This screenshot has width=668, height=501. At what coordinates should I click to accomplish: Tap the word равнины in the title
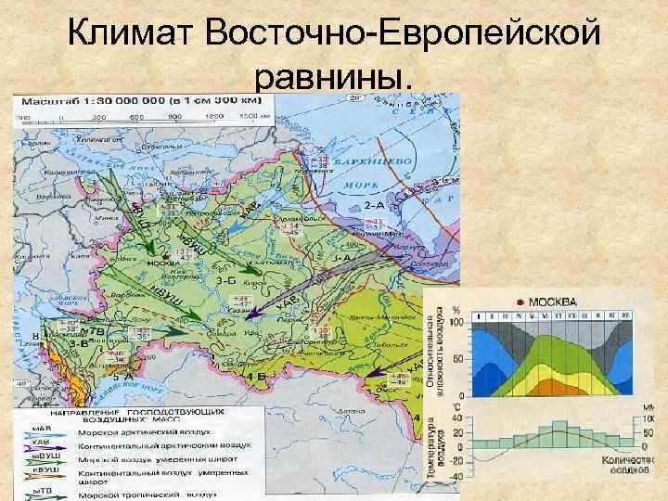[x=330, y=81]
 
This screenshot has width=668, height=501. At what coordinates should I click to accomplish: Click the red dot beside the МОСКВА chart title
[x=520, y=302]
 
